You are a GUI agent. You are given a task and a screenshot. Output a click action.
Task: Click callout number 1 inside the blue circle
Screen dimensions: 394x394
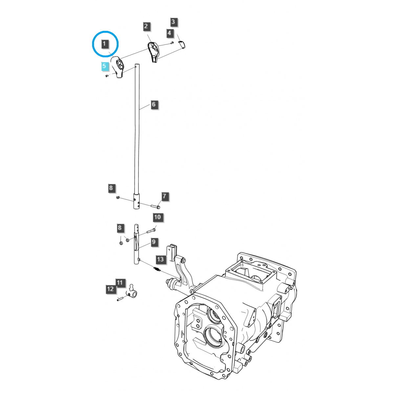pyautogui.click(x=104, y=44)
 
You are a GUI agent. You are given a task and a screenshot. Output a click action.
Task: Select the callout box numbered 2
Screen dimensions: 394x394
pyautogui.click(x=146, y=27)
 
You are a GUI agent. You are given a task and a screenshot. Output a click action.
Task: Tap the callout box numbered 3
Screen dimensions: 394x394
pyautogui.click(x=174, y=22)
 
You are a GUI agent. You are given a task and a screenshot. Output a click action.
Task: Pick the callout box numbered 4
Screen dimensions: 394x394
pyautogui.click(x=169, y=33)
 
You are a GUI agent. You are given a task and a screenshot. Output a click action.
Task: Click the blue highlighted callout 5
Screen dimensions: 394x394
pyautogui.click(x=104, y=66)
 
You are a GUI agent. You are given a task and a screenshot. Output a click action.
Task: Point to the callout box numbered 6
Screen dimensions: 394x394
pyautogui.click(x=154, y=105)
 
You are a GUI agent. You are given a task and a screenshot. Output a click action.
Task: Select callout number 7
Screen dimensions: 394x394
pyautogui.click(x=164, y=197)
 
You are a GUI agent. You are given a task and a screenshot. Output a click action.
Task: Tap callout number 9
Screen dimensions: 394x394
pyautogui.click(x=154, y=242)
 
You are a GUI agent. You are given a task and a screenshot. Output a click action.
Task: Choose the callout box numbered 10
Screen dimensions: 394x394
pyautogui.click(x=158, y=217)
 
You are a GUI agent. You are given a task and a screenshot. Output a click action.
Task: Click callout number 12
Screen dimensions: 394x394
pyautogui.click(x=110, y=289)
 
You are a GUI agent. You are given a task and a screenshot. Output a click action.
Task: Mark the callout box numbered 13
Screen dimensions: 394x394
pyautogui.click(x=160, y=259)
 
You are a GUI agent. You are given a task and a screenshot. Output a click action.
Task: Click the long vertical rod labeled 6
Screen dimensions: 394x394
pyautogui.click(x=137, y=131)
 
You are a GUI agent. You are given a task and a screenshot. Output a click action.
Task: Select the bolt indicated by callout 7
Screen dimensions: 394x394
pyautogui.click(x=155, y=207)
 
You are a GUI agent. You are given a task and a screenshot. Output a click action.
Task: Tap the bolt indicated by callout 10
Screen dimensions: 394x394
pyautogui.click(x=149, y=230)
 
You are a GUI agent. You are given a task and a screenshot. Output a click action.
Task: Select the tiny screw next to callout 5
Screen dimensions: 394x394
pyautogui.click(x=107, y=76)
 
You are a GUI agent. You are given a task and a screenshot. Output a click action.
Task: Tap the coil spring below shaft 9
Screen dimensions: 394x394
pyautogui.click(x=157, y=270)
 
